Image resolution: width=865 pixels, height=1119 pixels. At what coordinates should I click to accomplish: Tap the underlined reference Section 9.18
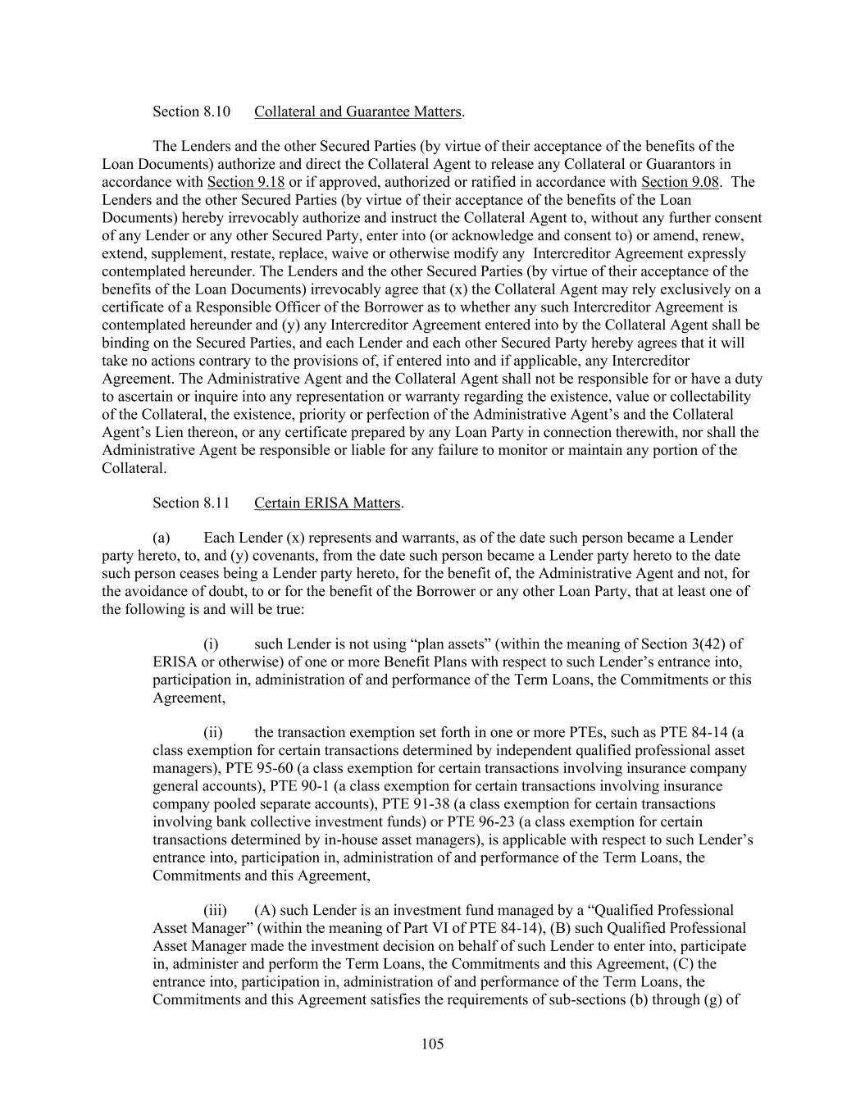point(246,182)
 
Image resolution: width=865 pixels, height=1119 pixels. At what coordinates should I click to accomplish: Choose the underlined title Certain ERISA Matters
point(327,503)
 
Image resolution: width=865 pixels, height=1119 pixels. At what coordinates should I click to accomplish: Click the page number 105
point(432,1044)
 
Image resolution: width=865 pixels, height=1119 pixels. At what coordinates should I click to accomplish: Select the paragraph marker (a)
point(162,539)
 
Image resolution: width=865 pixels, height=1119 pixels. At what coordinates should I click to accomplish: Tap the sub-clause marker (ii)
point(213,733)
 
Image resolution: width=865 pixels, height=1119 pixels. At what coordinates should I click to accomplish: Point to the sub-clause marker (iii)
point(215,911)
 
